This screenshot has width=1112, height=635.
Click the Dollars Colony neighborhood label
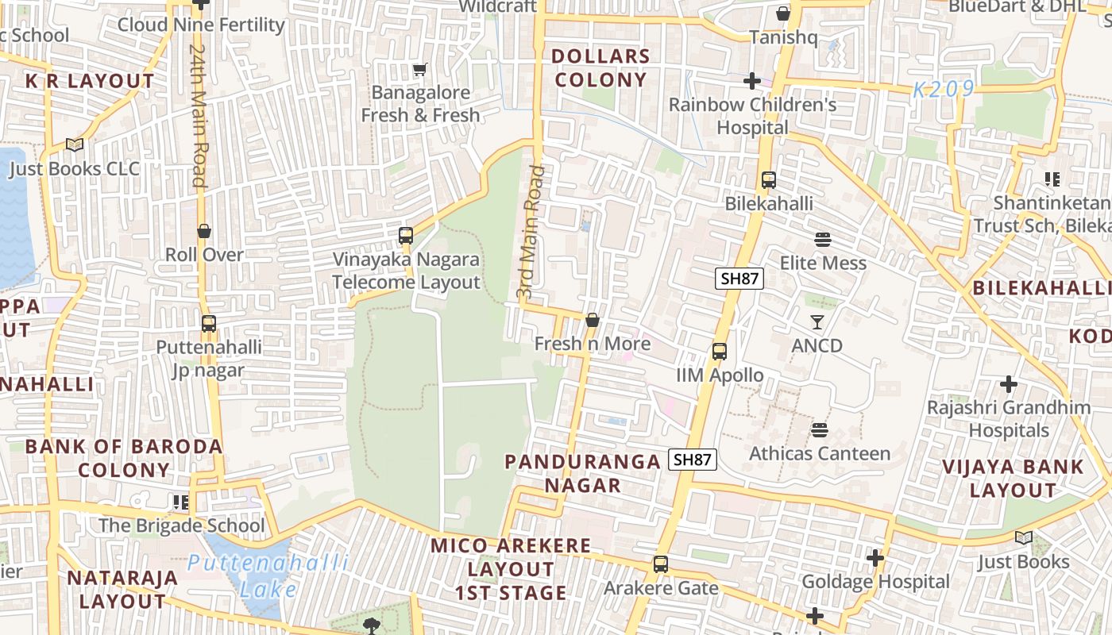coord(601,68)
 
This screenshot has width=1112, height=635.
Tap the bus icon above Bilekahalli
coord(768,180)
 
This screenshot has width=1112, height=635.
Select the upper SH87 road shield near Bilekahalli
coord(739,279)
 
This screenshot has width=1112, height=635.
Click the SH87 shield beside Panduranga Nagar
coord(693,460)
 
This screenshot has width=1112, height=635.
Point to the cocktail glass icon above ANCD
coord(817,321)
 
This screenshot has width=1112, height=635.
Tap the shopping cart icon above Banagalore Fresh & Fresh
coord(420,70)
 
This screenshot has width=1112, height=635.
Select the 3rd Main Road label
coord(531,232)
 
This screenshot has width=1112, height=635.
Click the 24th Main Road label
coord(199,115)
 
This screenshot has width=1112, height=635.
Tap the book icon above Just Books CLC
coord(75,145)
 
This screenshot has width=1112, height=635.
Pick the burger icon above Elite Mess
coord(823,240)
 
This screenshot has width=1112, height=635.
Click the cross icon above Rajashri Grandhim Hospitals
coord(1008,385)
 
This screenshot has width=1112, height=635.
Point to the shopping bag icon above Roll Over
coord(204,231)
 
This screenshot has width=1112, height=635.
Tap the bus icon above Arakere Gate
coord(660,564)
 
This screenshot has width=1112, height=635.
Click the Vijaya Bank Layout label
coord(1013,479)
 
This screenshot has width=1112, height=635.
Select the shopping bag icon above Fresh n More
coord(592,321)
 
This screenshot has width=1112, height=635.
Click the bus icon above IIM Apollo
coord(720,352)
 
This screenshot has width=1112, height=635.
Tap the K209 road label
coord(943,90)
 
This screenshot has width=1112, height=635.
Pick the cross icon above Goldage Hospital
coord(875,559)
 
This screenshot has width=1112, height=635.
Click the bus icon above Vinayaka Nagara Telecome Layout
coord(406,236)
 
